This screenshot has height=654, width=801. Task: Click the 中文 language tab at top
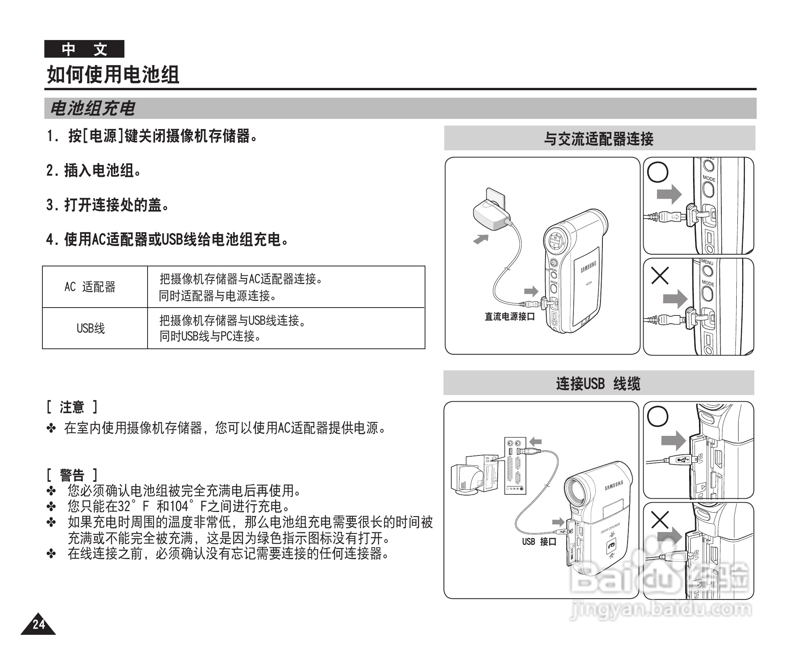[84, 49]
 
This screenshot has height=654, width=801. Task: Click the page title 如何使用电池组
[113, 75]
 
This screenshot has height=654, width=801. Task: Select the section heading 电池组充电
[93, 109]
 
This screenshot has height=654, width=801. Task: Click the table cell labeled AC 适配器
[90, 287]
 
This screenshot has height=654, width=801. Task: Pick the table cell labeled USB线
[91, 328]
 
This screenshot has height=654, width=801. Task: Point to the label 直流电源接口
[509, 316]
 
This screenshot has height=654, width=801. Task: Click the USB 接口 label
[539, 542]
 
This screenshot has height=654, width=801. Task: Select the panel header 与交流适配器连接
[598, 138]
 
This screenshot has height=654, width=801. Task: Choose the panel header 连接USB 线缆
[598, 383]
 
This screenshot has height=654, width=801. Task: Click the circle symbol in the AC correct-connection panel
[657, 172]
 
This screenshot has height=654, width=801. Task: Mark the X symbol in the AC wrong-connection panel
[660, 276]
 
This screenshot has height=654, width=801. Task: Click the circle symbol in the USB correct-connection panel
[657, 416]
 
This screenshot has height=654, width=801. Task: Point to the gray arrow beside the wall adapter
[481, 239]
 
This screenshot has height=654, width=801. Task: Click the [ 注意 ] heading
[72, 407]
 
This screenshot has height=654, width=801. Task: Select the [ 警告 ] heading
[72, 475]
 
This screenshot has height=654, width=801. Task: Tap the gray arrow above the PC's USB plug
[535, 441]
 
